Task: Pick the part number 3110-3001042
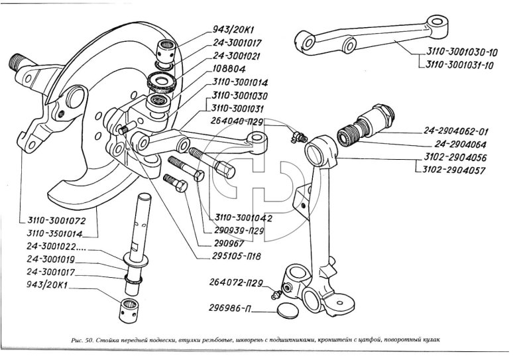(x=243, y=217)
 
